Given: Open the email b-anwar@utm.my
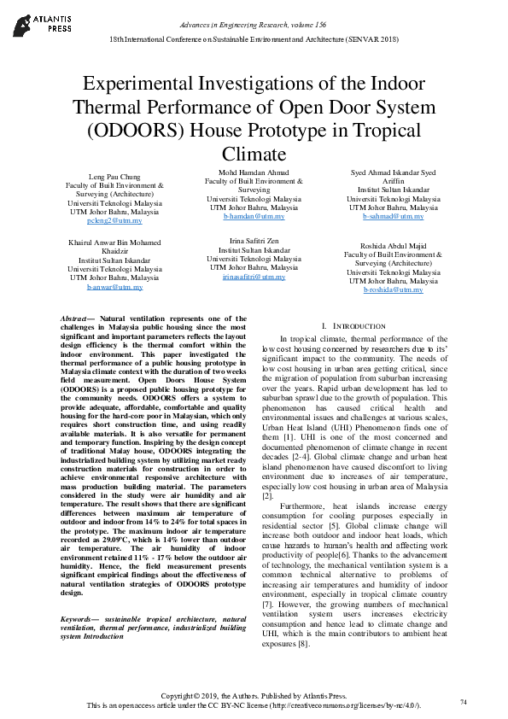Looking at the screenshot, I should (114, 288).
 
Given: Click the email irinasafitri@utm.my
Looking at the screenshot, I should (254, 278).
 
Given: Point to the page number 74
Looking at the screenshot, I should (464, 702).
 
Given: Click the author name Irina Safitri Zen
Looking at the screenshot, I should (254, 241).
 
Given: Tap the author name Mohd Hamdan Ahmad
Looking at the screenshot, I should (254, 172).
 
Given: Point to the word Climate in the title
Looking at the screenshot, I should (253, 155).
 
